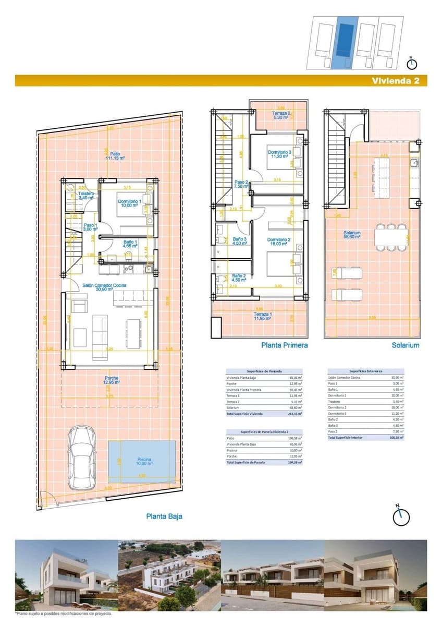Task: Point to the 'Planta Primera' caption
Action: point(284,345)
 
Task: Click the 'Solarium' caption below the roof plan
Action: point(405,345)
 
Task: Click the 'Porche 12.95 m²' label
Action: point(112,380)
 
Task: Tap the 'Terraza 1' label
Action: point(262,316)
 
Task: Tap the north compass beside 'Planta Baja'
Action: point(401,516)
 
